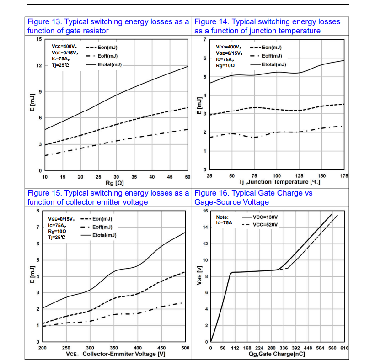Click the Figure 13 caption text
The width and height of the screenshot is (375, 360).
click(x=108, y=26)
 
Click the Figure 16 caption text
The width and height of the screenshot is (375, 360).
click(x=253, y=197)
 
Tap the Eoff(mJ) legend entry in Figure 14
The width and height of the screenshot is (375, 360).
click(x=272, y=56)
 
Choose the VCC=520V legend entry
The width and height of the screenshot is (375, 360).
click(x=265, y=225)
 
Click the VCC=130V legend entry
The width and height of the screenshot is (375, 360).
click(x=265, y=217)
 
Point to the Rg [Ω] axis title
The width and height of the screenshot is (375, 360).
click(x=116, y=183)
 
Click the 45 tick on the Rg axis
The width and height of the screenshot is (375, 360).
click(x=170, y=177)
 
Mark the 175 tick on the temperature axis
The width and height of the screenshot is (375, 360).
click(x=344, y=176)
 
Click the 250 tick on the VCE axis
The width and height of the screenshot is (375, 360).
click(x=66, y=348)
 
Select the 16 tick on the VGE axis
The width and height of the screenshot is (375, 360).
click(x=205, y=211)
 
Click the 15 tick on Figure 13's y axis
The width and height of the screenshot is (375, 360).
click(x=39, y=39)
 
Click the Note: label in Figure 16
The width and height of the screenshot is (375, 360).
click(x=222, y=217)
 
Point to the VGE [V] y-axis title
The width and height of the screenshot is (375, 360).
click(x=199, y=276)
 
